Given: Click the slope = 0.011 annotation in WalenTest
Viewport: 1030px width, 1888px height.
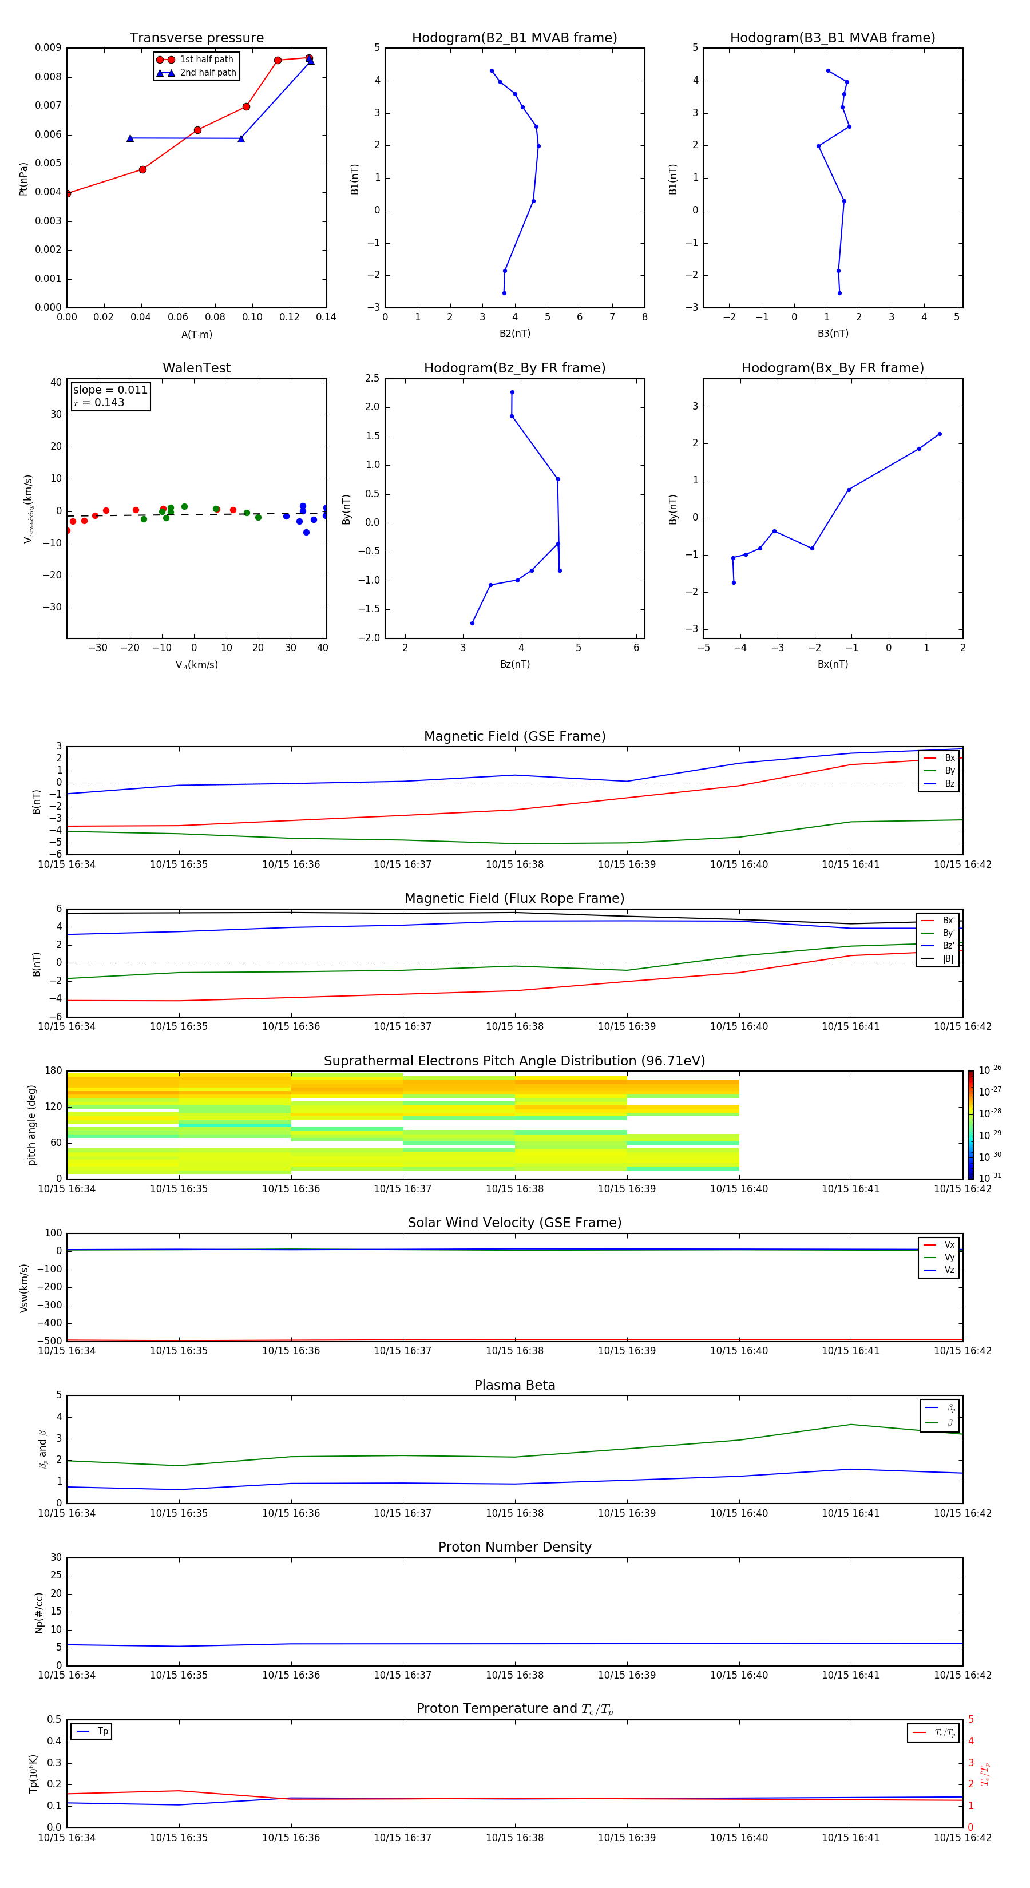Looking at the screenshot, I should (110, 390).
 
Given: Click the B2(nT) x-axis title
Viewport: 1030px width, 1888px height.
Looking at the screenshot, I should (514, 334).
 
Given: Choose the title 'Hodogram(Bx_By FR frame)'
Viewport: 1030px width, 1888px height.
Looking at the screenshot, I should (832, 368).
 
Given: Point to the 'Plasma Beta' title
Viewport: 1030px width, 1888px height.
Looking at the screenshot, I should (514, 1385).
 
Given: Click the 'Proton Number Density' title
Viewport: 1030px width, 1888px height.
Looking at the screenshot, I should (514, 1547).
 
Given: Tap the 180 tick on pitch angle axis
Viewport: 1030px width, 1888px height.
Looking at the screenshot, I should (54, 1071).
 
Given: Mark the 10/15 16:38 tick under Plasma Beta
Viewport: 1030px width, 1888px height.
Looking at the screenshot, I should (514, 1513).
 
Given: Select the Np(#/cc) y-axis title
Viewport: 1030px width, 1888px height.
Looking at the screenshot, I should (39, 1612).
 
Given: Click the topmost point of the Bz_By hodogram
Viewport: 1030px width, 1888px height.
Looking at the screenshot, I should (513, 392).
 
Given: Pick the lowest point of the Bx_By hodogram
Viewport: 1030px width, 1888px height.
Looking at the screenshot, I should (734, 582).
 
